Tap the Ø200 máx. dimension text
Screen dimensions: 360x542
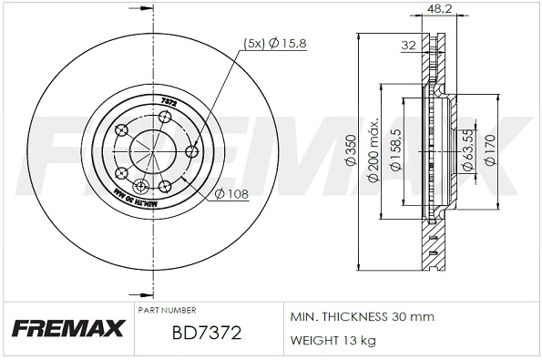(x=373, y=149)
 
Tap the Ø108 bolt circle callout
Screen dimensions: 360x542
(x=232, y=192)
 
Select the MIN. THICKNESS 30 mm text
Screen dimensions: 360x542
(x=362, y=316)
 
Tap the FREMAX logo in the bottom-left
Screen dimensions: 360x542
(x=66, y=330)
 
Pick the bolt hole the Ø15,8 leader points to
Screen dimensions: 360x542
(x=191, y=151)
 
